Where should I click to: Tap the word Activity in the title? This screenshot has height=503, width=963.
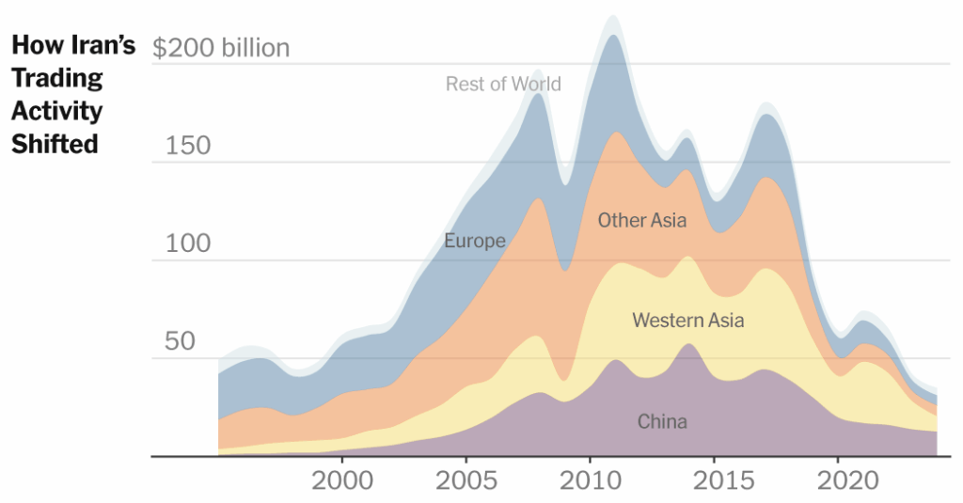[56, 111]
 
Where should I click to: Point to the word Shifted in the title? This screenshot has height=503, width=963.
[55, 144]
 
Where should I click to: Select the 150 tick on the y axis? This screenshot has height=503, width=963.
[187, 147]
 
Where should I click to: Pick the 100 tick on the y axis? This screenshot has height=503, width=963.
[187, 244]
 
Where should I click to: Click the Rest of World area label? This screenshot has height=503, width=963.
[503, 85]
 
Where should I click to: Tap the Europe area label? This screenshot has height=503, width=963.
[475, 242]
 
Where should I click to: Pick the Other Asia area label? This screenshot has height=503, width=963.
[642, 221]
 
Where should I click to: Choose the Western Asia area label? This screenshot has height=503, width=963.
[687, 321]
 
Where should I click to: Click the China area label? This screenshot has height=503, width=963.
[662, 422]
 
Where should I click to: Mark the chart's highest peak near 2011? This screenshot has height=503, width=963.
[611, 17]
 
